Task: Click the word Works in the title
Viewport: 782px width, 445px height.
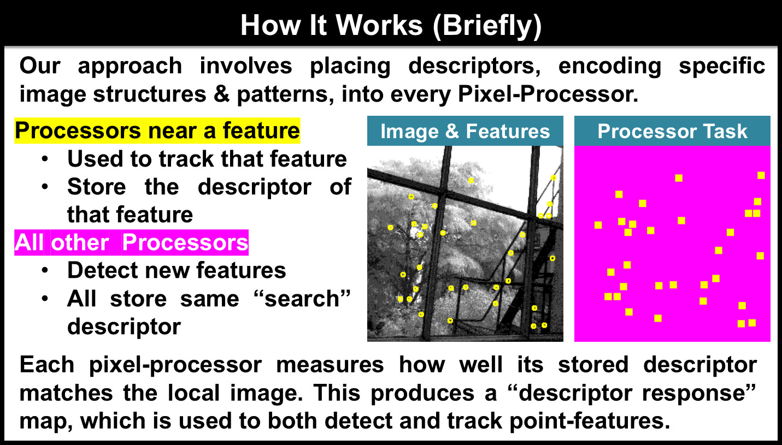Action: click(x=379, y=26)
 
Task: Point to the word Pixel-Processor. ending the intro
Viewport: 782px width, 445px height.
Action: click(x=548, y=94)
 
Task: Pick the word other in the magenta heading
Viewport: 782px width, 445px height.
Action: click(x=80, y=242)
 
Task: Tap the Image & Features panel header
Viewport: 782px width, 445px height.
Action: click(x=465, y=131)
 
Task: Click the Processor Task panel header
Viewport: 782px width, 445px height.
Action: click(x=672, y=131)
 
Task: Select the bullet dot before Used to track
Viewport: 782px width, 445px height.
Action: click(x=45, y=159)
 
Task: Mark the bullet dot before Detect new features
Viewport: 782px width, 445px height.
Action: click(x=45, y=271)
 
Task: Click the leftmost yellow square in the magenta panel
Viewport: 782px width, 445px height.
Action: click(x=598, y=226)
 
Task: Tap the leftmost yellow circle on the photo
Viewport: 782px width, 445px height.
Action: click(x=390, y=228)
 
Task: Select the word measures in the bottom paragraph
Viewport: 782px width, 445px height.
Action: click(x=330, y=365)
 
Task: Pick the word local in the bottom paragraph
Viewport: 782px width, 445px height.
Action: click(x=193, y=393)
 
